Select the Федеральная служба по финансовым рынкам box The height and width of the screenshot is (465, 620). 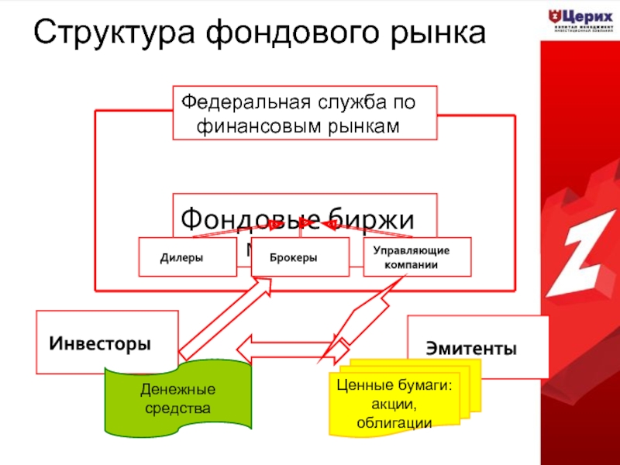coord(305,113)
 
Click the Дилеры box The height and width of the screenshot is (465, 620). coord(187,257)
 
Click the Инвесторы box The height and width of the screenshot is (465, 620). coord(101,342)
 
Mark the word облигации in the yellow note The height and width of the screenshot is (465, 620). coord(394,422)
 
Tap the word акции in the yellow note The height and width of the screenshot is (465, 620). coord(394,404)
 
